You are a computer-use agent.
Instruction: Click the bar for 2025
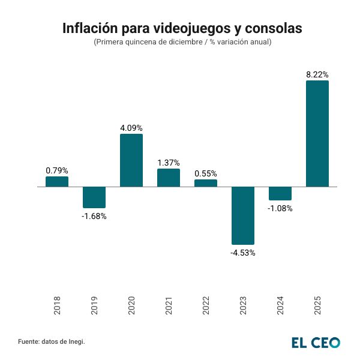(317, 133)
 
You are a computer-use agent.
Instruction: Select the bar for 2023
(243, 215)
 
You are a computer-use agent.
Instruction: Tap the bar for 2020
(131, 160)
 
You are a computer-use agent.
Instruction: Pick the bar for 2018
(57, 181)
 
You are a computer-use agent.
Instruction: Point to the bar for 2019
(94, 197)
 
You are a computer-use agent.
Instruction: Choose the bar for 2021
(169, 178)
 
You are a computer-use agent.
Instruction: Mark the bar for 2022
(206, 183)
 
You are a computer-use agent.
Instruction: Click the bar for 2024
(280, 193)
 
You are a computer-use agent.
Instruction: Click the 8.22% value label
(317, 74)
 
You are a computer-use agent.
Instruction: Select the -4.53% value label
(243, 253)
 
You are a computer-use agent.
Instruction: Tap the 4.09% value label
(131, 128)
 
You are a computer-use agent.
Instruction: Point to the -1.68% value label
(94, 216)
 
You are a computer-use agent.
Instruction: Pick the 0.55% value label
(206, 173)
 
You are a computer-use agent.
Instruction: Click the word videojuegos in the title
(188, 29)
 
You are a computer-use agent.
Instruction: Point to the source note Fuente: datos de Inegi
(52, 341)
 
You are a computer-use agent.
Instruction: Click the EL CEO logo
(316, 343)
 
